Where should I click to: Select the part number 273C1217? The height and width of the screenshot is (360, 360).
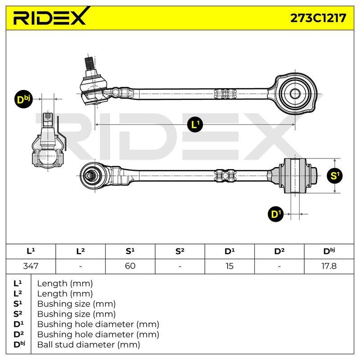click(x=318, y=18)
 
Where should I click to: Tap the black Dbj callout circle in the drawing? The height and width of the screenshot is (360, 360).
click(x=23, y=99)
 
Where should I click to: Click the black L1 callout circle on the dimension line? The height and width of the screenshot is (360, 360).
click(x=195, y=125)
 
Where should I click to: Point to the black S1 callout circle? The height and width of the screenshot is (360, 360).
click(x=334, y=175)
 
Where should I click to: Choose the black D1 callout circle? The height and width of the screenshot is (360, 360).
click(x=276, y=214)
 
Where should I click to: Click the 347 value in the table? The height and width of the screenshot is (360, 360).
click(x=31, y=266)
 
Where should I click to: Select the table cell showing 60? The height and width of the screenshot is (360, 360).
click(x=130, y=266)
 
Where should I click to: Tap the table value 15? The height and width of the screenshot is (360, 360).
click(x=229, y=266)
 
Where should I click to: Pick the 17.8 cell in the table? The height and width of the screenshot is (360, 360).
click(x=329, y=266)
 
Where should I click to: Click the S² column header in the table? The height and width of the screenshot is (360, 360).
click(x=180, y=251)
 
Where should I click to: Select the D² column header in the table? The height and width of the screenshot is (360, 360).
click(x=279, y=251)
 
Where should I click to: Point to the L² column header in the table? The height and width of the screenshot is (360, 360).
click(x=81, y=251)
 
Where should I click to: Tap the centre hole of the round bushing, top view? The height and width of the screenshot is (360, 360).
click(x=295, y=94)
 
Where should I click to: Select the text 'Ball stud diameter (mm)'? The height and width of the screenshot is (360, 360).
click(x=89, y=344)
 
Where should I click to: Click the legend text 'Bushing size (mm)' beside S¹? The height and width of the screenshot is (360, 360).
click(x=76, y=304)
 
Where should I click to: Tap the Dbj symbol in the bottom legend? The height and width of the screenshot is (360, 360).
click(x=19, y=344)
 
